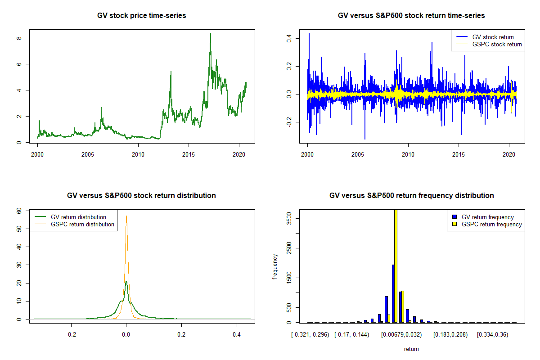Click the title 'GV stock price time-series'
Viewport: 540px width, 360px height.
point(142,16)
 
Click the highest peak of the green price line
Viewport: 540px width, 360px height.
point(210,34)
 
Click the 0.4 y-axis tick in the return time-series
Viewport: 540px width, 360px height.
point(288,38)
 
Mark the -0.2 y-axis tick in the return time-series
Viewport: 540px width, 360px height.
point(288,122)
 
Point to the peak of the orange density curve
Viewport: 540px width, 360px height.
point(126,216)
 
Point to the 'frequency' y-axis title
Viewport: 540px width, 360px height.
point(275,267)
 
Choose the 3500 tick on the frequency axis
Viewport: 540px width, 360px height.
point(289,218)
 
